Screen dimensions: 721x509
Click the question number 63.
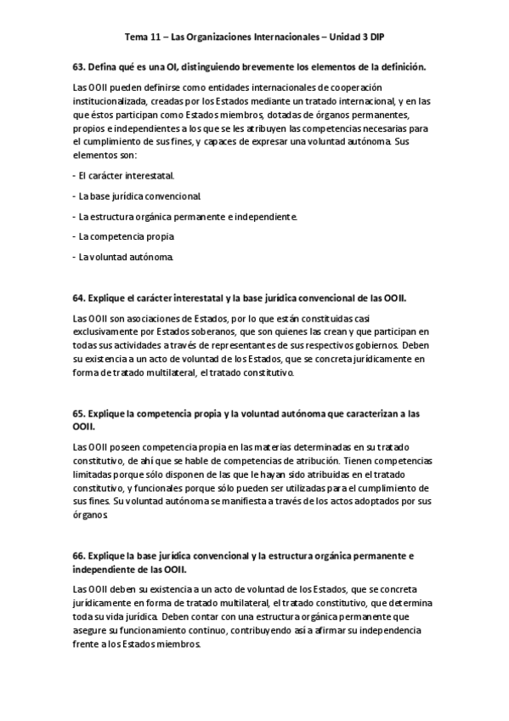pos(80,66)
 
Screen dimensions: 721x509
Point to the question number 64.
pos(80,298)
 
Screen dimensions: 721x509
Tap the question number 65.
pos(80,412)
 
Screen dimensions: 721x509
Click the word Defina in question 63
pos(105,66)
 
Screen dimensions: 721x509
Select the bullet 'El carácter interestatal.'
pos(125,176)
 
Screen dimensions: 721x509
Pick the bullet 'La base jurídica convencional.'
pos(137,196)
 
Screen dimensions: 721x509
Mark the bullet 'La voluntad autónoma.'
pos(124,257)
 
